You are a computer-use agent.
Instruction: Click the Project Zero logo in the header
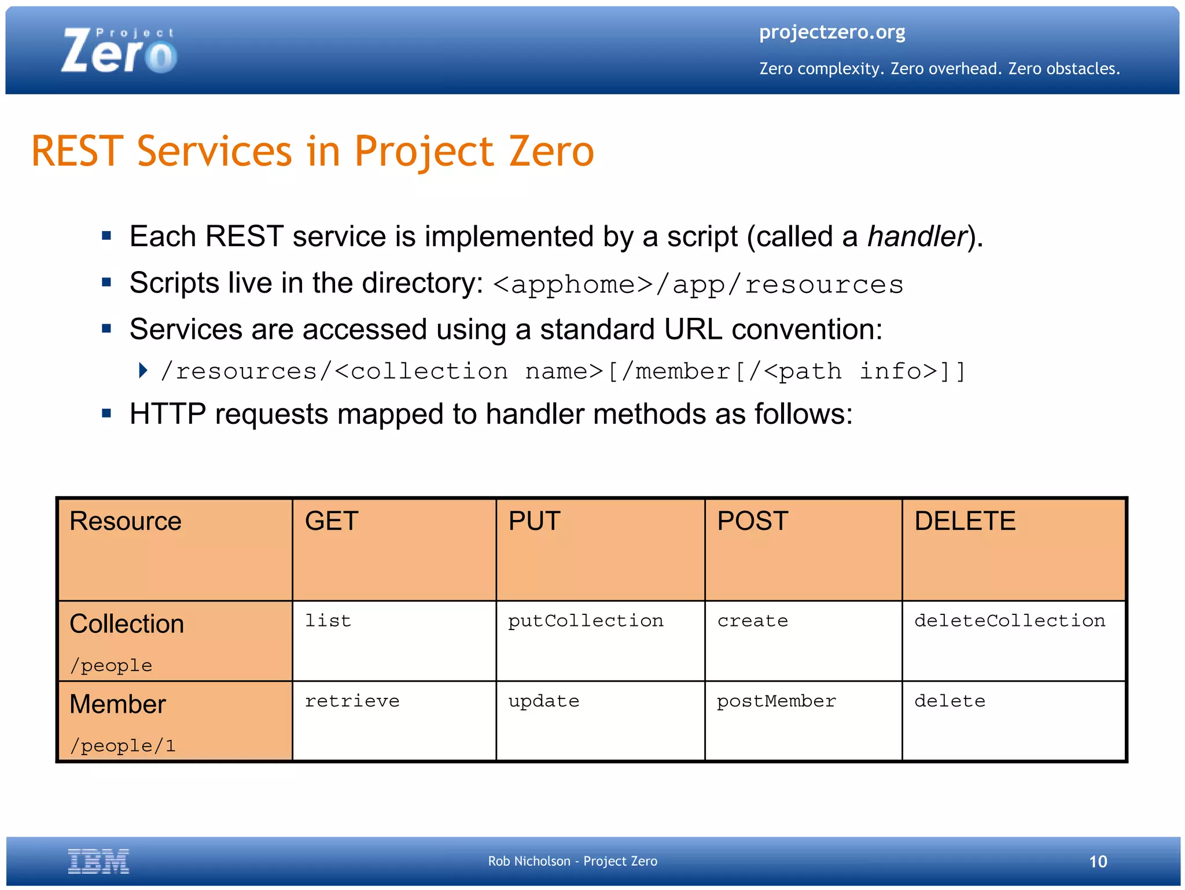tap(119, 51)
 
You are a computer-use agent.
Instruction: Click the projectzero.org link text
tap(831, 32)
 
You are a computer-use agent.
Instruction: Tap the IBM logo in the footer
tap(98, 860)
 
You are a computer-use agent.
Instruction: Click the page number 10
tap(1098, 862)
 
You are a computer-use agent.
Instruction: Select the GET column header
tap(332, 521)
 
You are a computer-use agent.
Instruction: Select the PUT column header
tap(534, 521)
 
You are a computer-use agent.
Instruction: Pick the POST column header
tap(752, 521)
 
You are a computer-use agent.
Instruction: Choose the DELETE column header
tap(965, 521)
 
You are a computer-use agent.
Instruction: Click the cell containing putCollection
tap(586, 621)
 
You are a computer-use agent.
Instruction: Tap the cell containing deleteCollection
tap(1010, 621)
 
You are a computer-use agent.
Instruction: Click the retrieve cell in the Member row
tap(352, 701)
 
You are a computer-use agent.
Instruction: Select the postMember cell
tap(776, 701)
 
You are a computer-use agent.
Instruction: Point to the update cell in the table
tap(543, 701)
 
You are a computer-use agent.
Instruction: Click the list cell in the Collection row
tap(328, 621)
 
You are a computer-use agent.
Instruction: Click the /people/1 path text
tap(123, 746)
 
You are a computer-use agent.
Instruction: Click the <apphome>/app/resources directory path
tap(698, 284)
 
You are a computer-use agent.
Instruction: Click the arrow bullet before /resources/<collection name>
tap(143, 370)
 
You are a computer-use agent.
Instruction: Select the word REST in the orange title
tap(77, 152)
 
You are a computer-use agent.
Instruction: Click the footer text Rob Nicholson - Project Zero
tap(572, 861)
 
